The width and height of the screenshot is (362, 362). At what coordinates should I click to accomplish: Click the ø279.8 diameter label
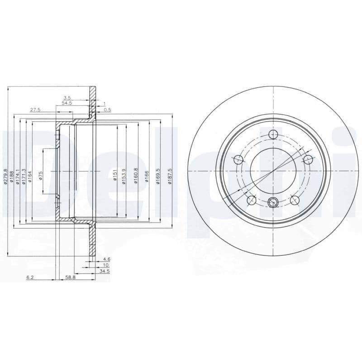tap(6, 177)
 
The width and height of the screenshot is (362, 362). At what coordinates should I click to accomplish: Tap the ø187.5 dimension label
tap(169, 176)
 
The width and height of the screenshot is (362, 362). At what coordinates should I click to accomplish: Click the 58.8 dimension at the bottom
tap(70, 277)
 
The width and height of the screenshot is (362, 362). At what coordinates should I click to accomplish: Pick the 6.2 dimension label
tap(30, 277)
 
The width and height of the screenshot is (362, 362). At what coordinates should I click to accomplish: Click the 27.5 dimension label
tap(35, 110)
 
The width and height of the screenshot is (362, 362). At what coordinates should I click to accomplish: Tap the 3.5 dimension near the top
tap(67, 97)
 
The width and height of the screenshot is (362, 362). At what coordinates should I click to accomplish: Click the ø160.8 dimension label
tap(135, 176)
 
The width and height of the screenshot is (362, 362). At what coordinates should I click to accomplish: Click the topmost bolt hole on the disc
tap(273, 134)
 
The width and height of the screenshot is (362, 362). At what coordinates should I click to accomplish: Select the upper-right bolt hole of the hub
tap(308, 159)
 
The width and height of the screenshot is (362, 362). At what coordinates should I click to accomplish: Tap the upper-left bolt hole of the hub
tap(238, 159)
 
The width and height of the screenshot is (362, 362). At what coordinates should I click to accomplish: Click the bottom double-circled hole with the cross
tap(273, 202)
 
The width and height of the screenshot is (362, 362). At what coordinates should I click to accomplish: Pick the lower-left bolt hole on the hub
tap(251, 200)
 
